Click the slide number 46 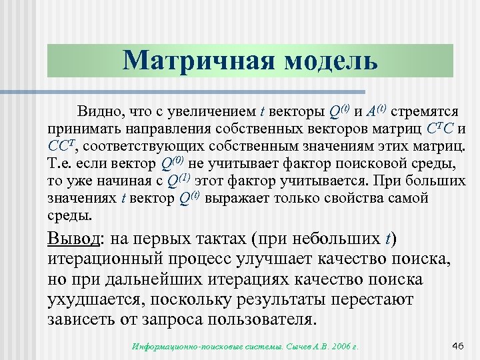coord(457,345)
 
